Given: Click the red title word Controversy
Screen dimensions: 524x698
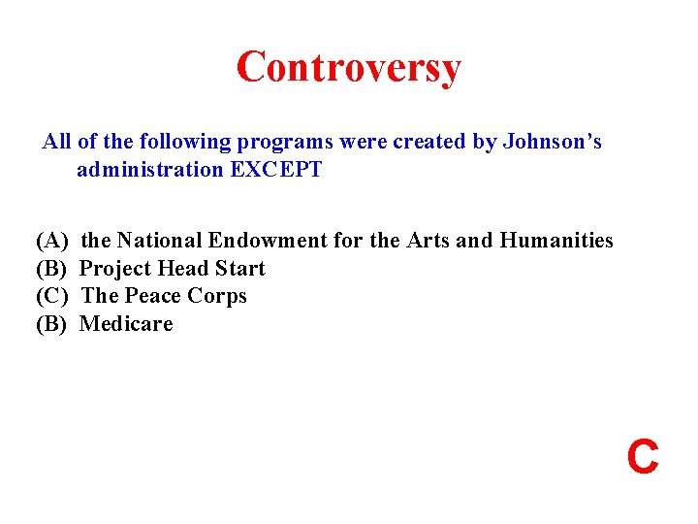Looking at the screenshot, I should pos(348,68).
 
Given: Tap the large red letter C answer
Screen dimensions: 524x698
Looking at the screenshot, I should pos(643,456).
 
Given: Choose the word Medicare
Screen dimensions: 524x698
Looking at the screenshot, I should pos(126,324).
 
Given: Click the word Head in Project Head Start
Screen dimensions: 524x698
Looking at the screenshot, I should pos(182,268).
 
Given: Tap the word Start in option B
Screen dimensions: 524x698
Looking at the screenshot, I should pos(240,268).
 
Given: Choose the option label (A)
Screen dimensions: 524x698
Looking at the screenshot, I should pos(51,240).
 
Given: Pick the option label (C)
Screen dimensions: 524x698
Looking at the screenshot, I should pos(51,296).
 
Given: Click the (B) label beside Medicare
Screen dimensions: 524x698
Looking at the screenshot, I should pos(51,324).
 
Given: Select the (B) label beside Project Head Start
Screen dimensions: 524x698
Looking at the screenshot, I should pos(51,268).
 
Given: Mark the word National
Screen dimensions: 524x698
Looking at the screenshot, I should pos(157,240).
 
